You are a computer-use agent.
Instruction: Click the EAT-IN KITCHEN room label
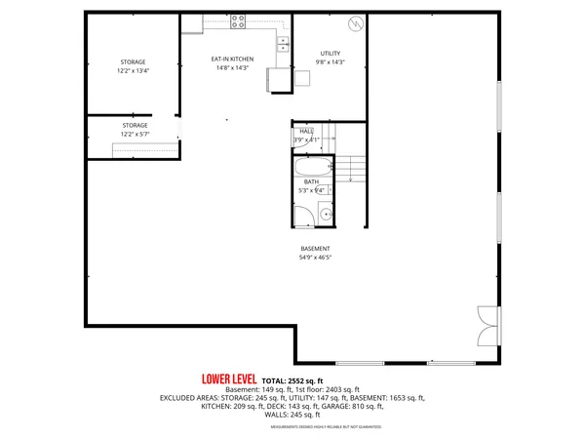coord(232,59)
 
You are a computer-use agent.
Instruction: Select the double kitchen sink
coord(285,43)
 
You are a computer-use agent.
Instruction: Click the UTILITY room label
coord(331,53)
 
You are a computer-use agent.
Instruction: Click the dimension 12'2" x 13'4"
coord(134,71)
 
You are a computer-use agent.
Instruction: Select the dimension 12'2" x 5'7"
coord(135,134)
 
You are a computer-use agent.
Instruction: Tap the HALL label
coord(306,131)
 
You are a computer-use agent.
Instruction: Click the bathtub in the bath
coord(311,168)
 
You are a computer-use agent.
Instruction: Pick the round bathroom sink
coord(326,216)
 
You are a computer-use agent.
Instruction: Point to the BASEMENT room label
coord(314,248)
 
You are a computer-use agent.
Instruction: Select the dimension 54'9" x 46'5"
coord(314,258)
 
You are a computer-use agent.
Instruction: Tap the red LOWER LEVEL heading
coord(229,379)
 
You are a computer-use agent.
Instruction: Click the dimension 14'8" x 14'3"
coord(232,67)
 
